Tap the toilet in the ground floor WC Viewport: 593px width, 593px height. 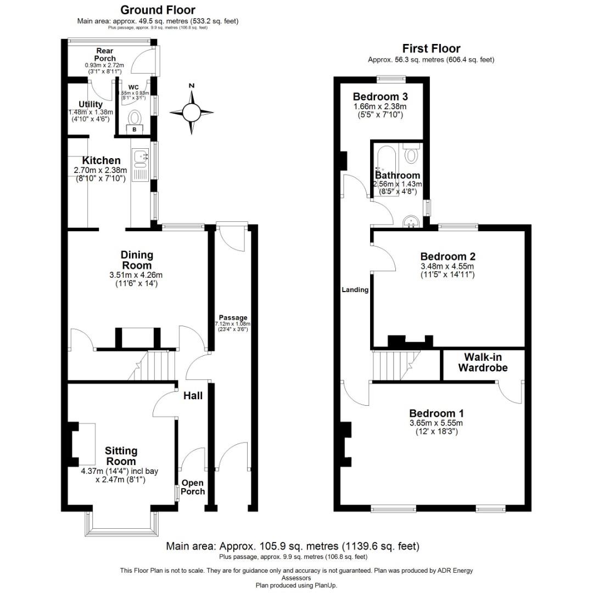pyautogui.click(x=135, y=116)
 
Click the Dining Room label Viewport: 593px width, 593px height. pyautogui.click(x=137, y=260)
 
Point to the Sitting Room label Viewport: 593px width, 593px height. pyautogui.click(x=121, y=456)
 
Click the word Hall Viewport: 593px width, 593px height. pyautogui.click(x=192, y=395)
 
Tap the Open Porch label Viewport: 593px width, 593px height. pyautogui.click(x=193, y=487)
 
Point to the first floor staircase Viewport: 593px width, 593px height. pyautogui.click(x=393, y=365)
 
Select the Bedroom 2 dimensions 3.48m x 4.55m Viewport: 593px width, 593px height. pyautogui.click(x=447, y=266)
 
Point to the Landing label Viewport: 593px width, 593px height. pyautogui.click(x=355, y=290)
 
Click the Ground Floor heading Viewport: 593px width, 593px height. pyautogui.click(x=158, y=10)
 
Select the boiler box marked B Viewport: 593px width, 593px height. pyautogui.click(x=135, y=130)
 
